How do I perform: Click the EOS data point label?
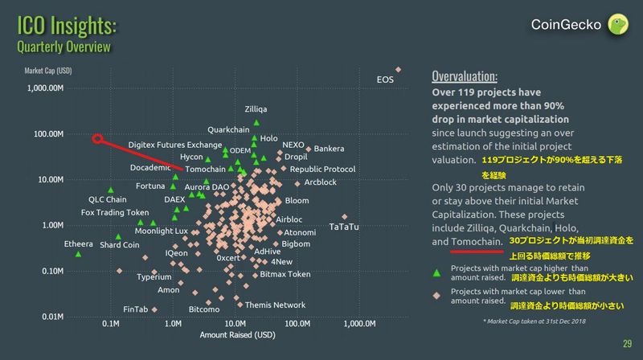[386, 79]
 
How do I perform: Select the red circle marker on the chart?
[97, 139]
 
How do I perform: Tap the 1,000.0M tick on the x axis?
[359, 325]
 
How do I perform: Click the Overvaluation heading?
[465, 77]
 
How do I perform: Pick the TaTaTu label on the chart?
[344, 227]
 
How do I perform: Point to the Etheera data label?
[78, 244]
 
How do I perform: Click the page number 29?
[627, 344]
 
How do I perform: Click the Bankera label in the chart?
[329, 149]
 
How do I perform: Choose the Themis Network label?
[275, 305]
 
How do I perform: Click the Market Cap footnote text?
[534, 321]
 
